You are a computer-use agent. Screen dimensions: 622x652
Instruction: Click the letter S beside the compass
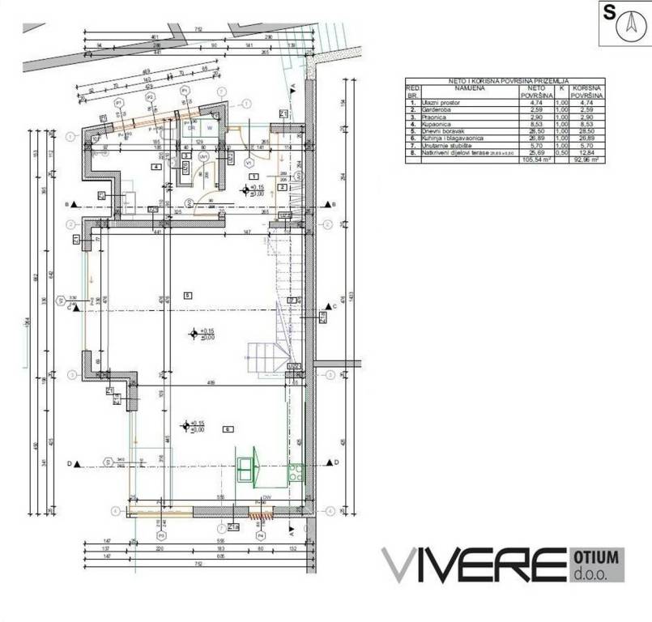(x=608, y=13)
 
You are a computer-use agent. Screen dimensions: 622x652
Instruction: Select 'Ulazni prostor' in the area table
(x=437, y=103)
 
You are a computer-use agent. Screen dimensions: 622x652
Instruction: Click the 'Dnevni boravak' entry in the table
(x=438, y=131)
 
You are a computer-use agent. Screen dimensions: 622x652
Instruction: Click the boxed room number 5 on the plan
(x=186, y=294)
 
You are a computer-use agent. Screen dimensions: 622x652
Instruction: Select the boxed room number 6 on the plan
(x=228, y=429)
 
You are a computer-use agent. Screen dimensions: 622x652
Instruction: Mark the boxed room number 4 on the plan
(x=157, y=167)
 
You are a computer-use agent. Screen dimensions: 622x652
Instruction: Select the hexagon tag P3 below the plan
(x=160, y=535)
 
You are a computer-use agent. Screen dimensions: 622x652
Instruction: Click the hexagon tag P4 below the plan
(x=261, y=535)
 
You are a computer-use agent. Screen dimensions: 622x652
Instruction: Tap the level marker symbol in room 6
(x=187, y=424)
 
